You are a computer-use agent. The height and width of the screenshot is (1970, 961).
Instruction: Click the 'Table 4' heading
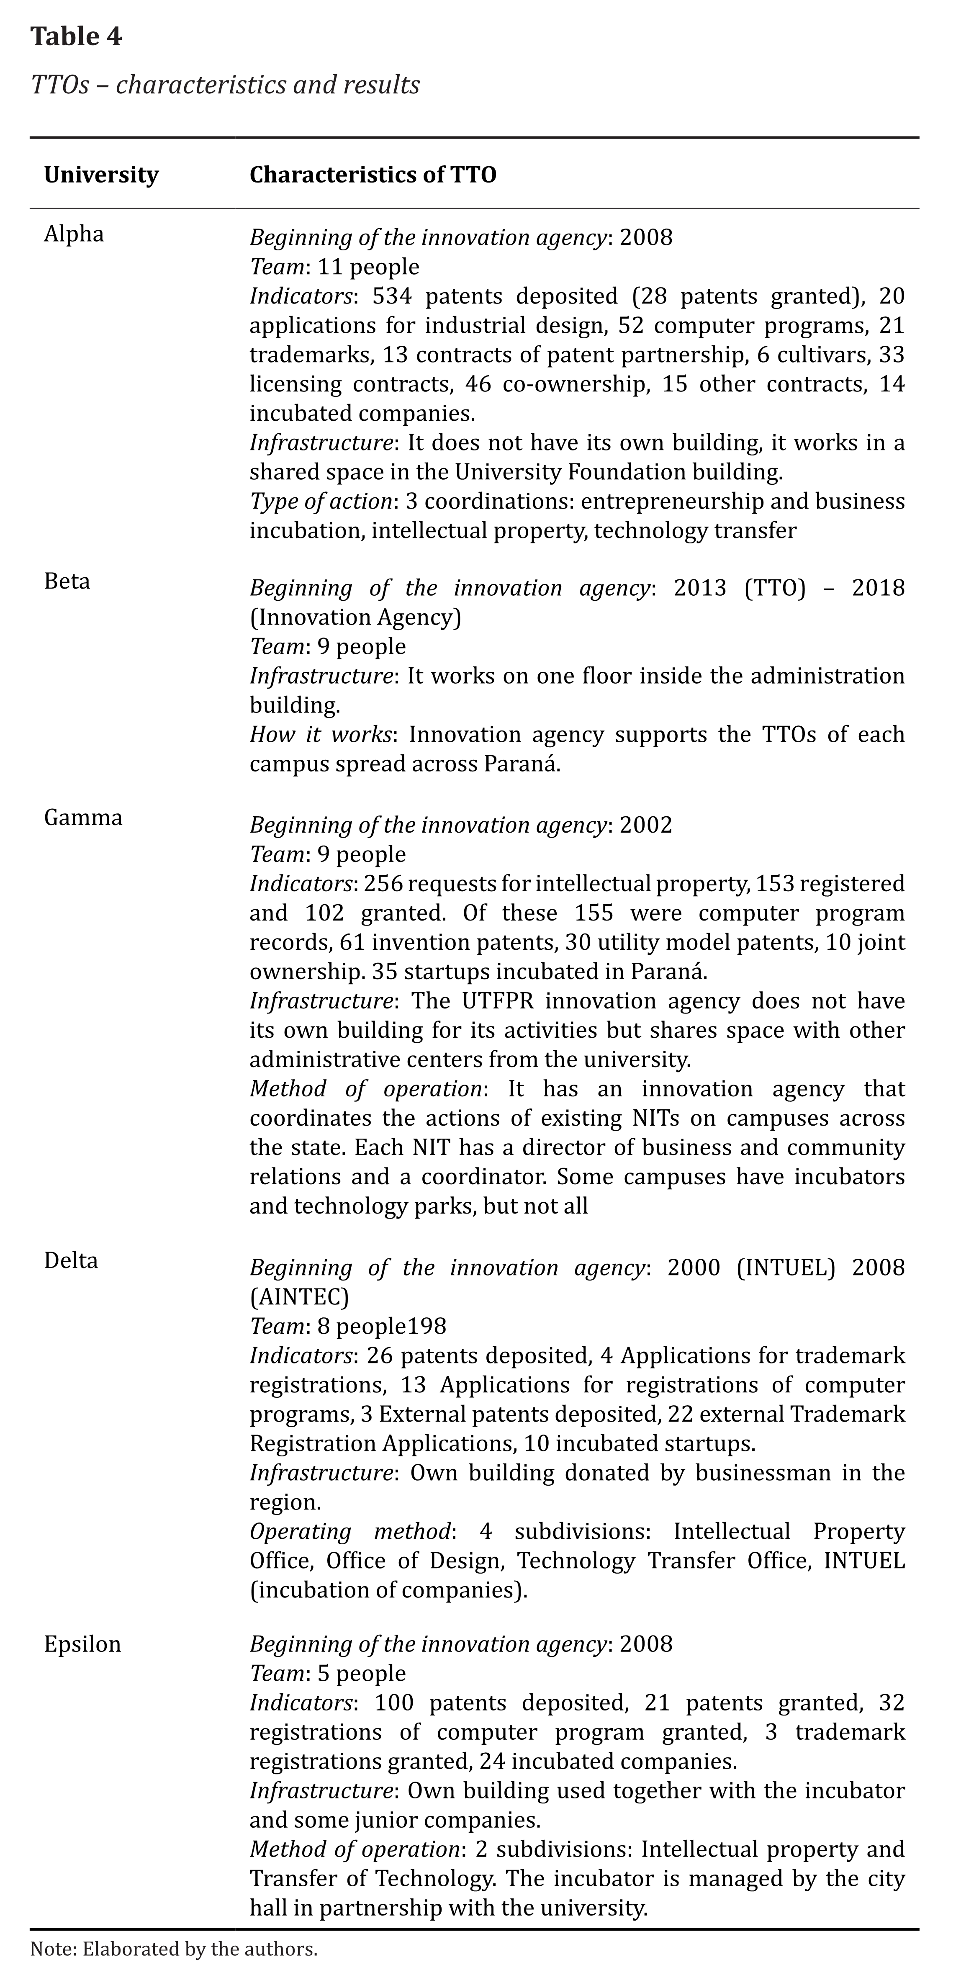click(76, 37)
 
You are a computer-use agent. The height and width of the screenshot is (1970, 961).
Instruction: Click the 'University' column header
click(101, 175)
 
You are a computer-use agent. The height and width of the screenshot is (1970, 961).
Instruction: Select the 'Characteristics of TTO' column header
click(373, 175)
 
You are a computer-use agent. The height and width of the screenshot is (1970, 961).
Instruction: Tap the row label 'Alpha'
click(73, 233)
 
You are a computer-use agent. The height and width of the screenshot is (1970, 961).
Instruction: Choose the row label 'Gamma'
click(82, 818)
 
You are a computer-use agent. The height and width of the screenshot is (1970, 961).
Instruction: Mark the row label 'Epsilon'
click(82, 1644)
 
